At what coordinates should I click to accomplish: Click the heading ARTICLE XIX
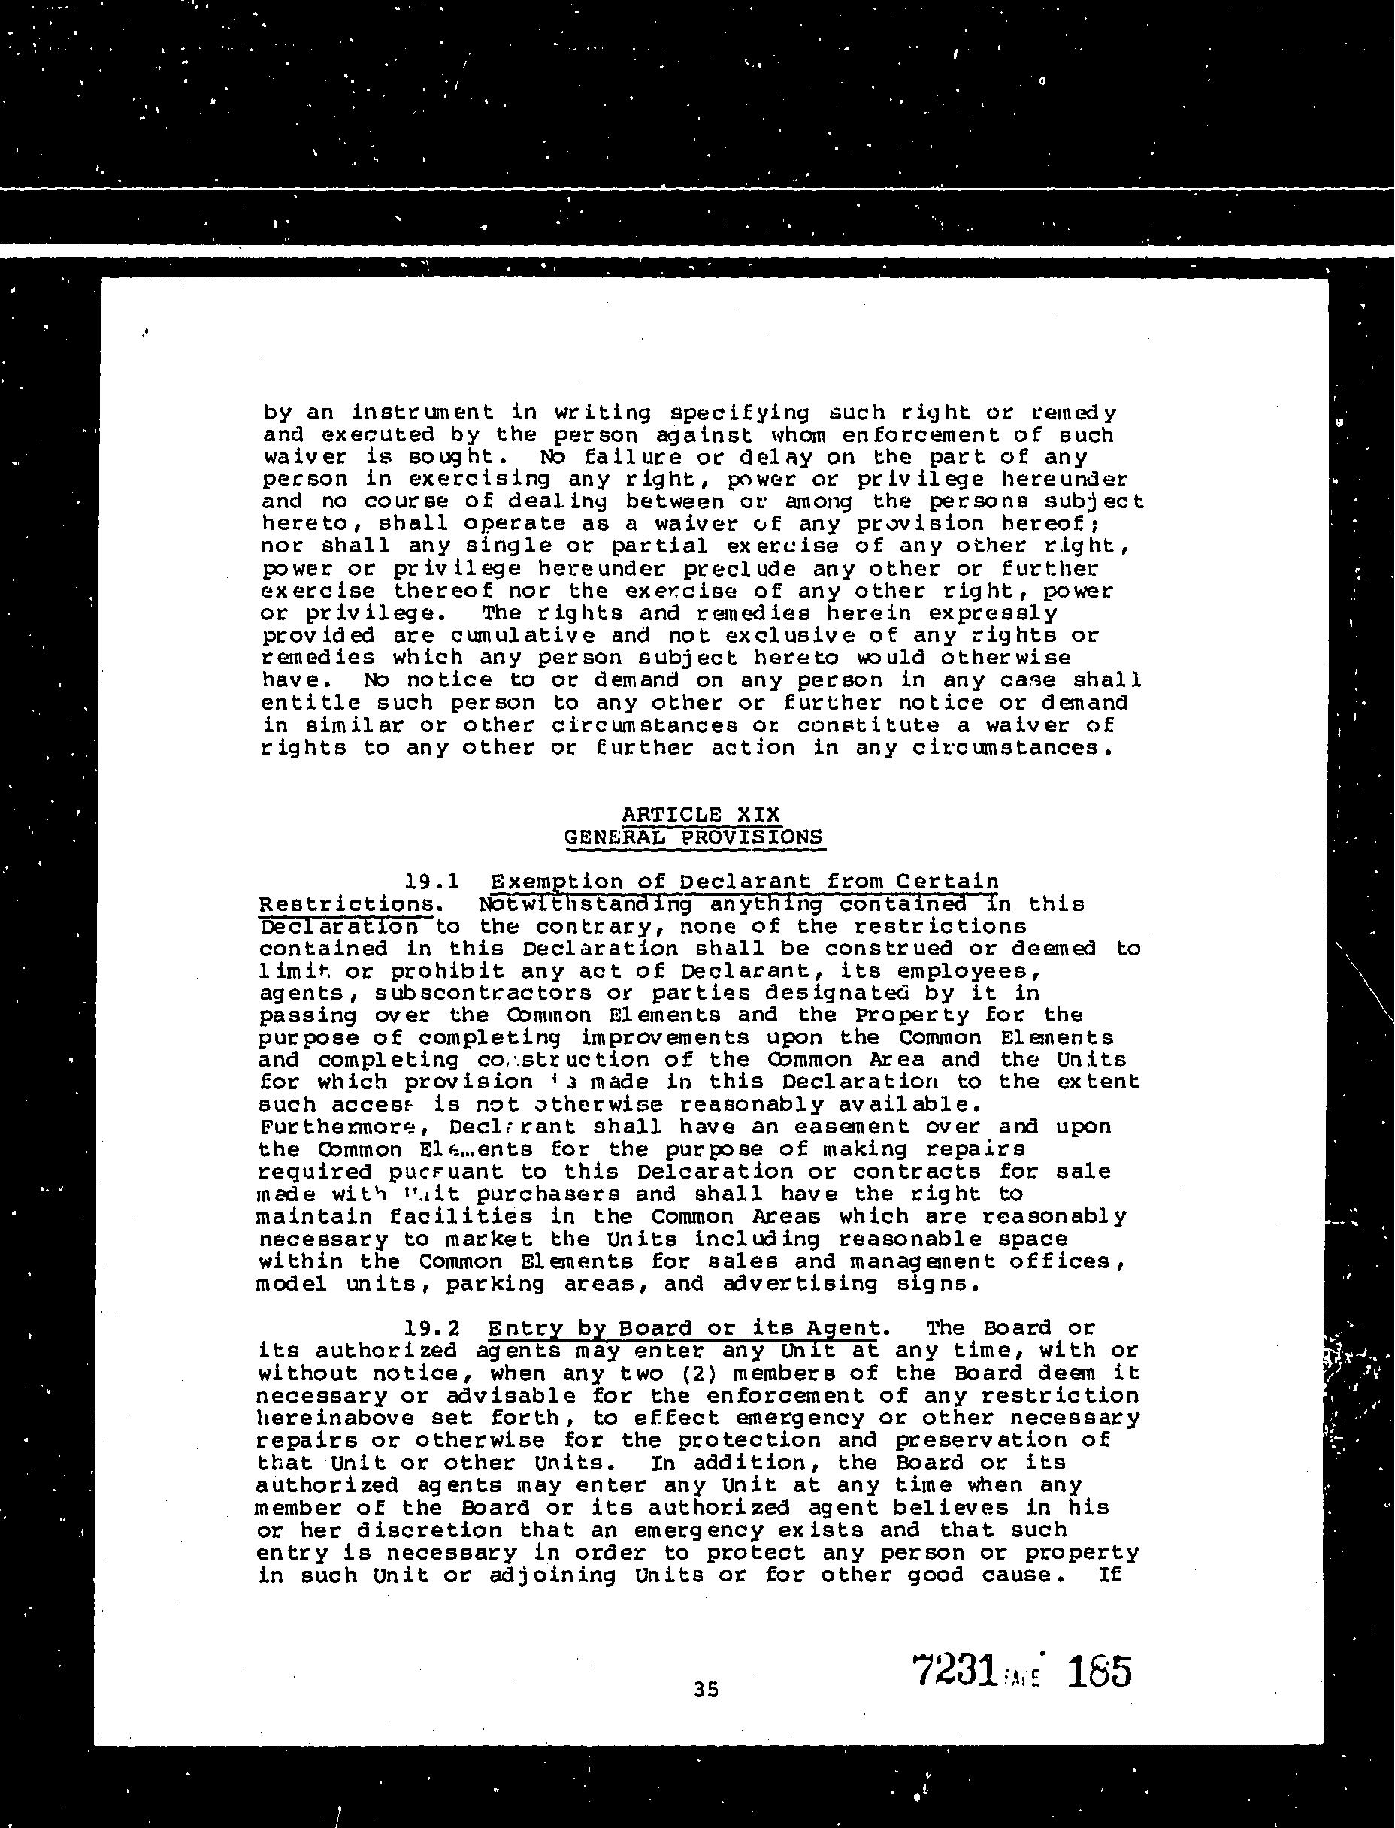pyautogui.click(x=701, y=813)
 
